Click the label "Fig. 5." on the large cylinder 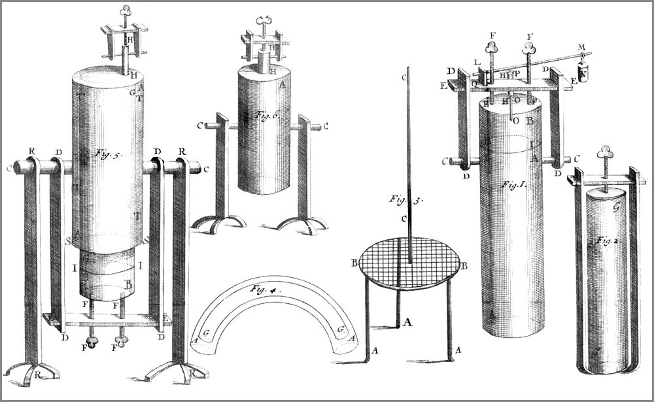pos(105,154)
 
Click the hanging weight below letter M pos(584,73)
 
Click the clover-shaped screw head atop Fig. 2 pos(605,154)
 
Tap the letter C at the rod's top pos(405,77)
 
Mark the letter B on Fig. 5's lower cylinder pos(129,285)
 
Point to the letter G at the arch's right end pos(339,330)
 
